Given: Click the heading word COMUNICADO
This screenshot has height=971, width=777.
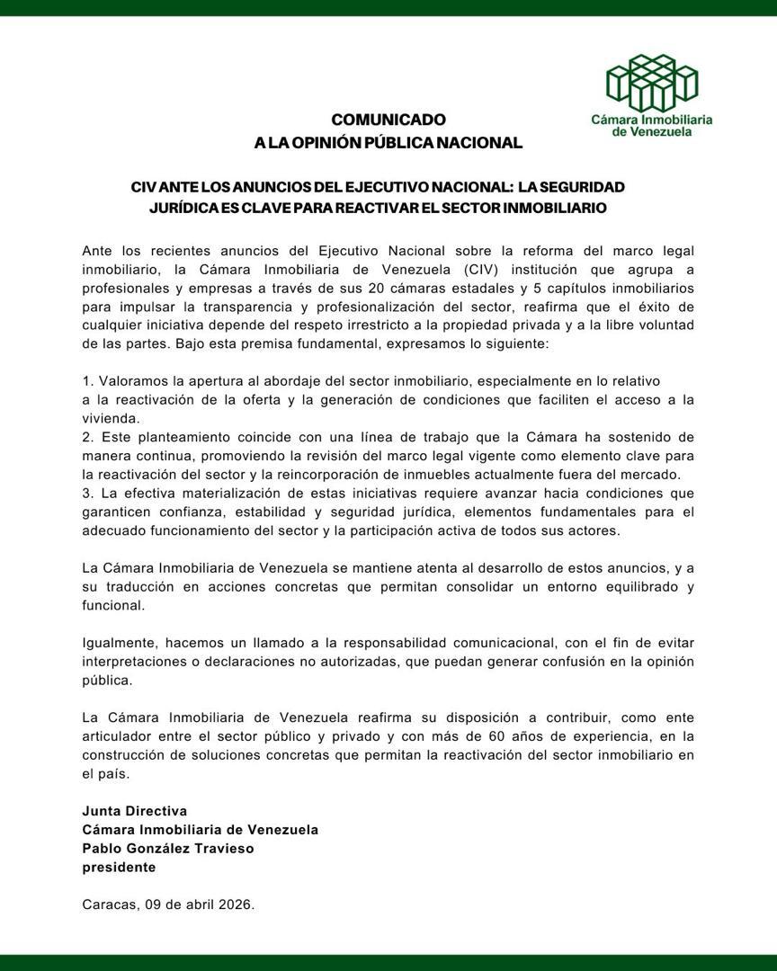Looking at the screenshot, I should [388, 120].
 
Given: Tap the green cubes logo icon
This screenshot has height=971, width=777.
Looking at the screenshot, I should [652, 82].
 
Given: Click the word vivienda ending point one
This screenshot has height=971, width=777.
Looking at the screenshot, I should [110, 419].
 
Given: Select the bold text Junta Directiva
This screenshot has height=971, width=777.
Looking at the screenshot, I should [135, 811].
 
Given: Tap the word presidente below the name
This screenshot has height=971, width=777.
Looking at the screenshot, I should [119, 868].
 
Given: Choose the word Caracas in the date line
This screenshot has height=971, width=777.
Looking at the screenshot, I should [109, 905].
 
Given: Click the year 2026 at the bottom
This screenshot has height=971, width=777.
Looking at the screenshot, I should [236, 905].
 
